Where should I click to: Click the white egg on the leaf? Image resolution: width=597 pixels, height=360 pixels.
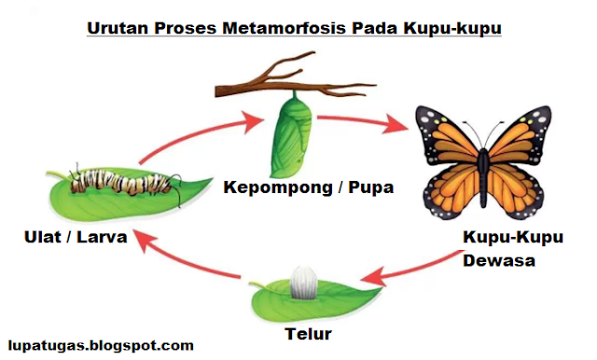(302, 283)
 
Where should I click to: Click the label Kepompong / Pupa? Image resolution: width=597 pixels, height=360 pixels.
(309, 187)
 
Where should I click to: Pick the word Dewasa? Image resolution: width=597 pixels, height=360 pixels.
(499, 261)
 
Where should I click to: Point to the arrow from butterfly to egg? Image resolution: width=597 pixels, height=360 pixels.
(411, 272)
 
